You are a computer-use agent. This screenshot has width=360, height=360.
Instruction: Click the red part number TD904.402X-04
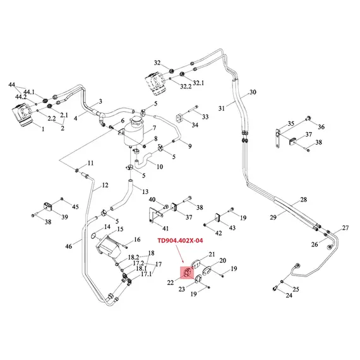pyautogui.click(x=180, y=241)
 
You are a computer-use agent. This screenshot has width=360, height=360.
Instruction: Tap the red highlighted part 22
pyautogui.click(x=187, y=273)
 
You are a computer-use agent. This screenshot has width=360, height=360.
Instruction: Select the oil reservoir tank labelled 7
pyautogui.click(x=134, y=131)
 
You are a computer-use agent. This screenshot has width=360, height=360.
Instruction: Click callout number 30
pyautogui.click(x=253, y=92)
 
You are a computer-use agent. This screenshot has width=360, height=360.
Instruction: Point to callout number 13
pyautogui.click(x=145, y=191)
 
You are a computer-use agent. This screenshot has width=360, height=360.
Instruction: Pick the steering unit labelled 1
pyautogui.click(x=22, y=115)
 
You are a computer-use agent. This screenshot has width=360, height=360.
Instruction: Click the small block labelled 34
pyautogui.click(x=180, y=118)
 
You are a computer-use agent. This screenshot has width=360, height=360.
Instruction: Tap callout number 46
pyautogui.click(x=69, y=246)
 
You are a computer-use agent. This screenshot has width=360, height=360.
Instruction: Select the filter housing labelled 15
pyautogui.click(x=109, y=247)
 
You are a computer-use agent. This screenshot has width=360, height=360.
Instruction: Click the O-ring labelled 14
pyautogui.click(x=94, y=236)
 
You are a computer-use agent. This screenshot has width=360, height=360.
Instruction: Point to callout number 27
pyautogui.click(x=345, y=228)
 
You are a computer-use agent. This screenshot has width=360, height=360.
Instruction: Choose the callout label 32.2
pyautogui.click(x=186, y=87)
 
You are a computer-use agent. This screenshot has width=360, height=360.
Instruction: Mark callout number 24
pyautogui.click(x=289, y=295)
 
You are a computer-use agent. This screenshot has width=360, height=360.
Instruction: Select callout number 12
pyautogui.click(x=105, y=185)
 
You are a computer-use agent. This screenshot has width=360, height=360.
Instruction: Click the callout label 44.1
pyautogui.click(x=29, y=92)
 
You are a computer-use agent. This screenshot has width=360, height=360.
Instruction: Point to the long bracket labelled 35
pyautogui.click(x=278, y=139)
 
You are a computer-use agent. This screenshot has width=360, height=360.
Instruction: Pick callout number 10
pyautogui.click(x=160, y=167)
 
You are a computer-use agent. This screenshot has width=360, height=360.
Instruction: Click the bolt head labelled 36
pyautogui.click(x=308, y=119)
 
